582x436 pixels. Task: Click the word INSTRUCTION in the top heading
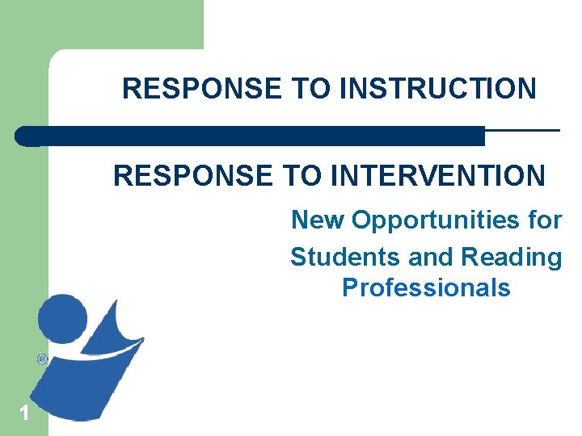point(437,88)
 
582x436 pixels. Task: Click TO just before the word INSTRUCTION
point(311,88)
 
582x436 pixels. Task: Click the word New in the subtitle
point(318,220)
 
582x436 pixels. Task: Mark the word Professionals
point(426,287)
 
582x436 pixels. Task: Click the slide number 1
point(24,413)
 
